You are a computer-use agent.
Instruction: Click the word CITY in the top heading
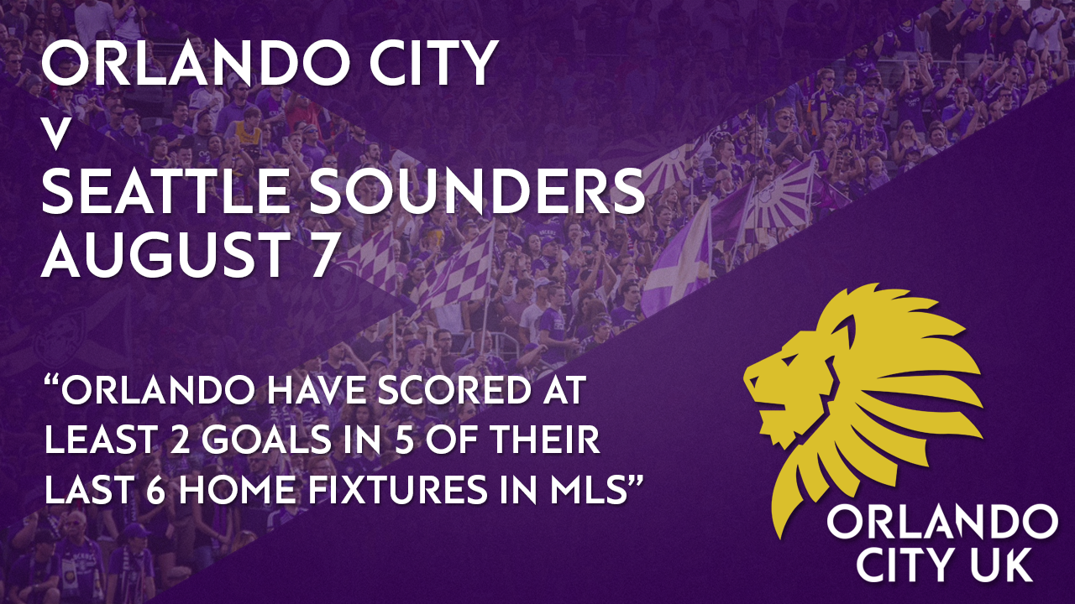(431, 63)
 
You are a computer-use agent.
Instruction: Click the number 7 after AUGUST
(320, 253)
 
